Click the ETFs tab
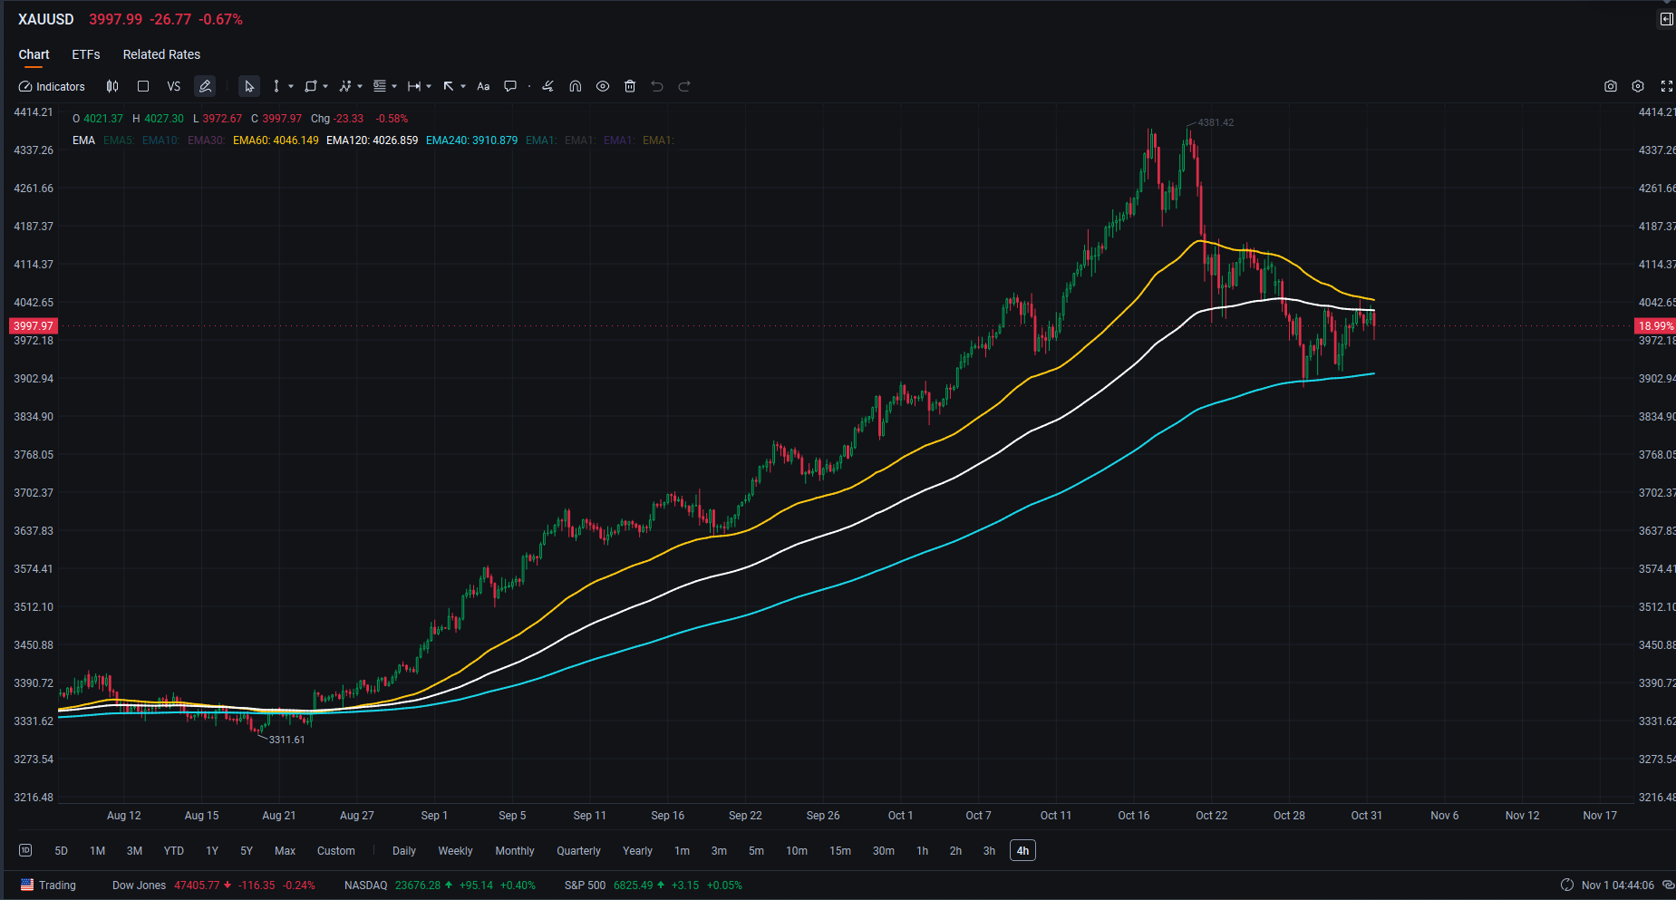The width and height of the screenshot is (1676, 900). click(x=86, y=54)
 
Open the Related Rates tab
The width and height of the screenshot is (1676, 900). click(x=161, y=54)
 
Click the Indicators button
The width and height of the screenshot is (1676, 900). click(x=52, y=87)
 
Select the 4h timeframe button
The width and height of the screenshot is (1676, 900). click(x=1022, y=851)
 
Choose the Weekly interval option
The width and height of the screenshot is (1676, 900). click(x=455, y=851)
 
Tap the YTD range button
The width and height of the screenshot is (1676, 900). click(x=173, y=851)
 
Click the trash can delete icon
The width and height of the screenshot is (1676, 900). click(x=630, y=87)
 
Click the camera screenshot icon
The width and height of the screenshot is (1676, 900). click(x=1610, y=87)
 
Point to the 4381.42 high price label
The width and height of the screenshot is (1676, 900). click(x=1216, y=122)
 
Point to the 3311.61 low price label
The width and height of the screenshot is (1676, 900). click(x=286, y=740)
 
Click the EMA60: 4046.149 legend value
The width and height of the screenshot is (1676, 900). click(x=276, y=140)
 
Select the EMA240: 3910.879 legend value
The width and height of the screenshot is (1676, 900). click(x=471, y=140)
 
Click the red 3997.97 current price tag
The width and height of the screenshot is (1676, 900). click(x=34, y=326)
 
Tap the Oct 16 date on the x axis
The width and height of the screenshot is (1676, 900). click(x=1133, y=816)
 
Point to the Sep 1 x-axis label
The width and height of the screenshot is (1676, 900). click(x=434, y=816)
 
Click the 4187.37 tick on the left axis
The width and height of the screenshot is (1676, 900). click(x=34, y=227)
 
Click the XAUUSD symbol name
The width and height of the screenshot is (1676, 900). click(x=46, y=20)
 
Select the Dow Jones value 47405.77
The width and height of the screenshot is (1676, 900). click(x=197, y=885)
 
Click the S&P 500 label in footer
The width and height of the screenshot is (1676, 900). click(x=585, y=885)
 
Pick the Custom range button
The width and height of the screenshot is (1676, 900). click(x=335, y=851)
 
